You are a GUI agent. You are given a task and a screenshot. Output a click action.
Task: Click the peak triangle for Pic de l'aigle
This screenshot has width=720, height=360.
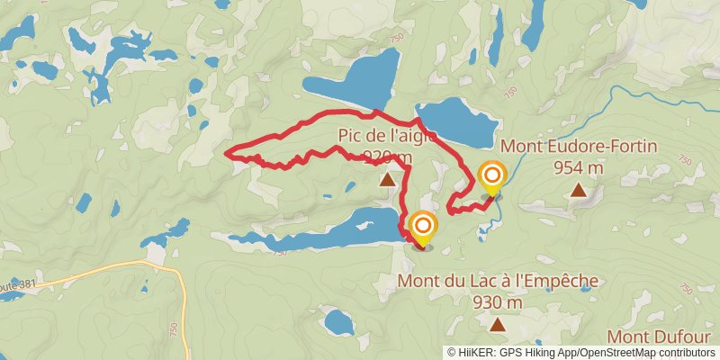(x=388, y=180)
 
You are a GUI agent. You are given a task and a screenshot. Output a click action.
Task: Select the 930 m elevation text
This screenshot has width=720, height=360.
(x=497, y=302)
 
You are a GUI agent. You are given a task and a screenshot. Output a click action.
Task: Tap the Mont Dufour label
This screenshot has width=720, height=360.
(x=663, y=337)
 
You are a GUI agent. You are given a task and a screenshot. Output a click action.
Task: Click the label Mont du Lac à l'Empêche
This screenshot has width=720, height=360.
(x=497, y=282)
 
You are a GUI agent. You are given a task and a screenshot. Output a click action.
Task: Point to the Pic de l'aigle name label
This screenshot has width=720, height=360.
(x=387, y=136)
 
